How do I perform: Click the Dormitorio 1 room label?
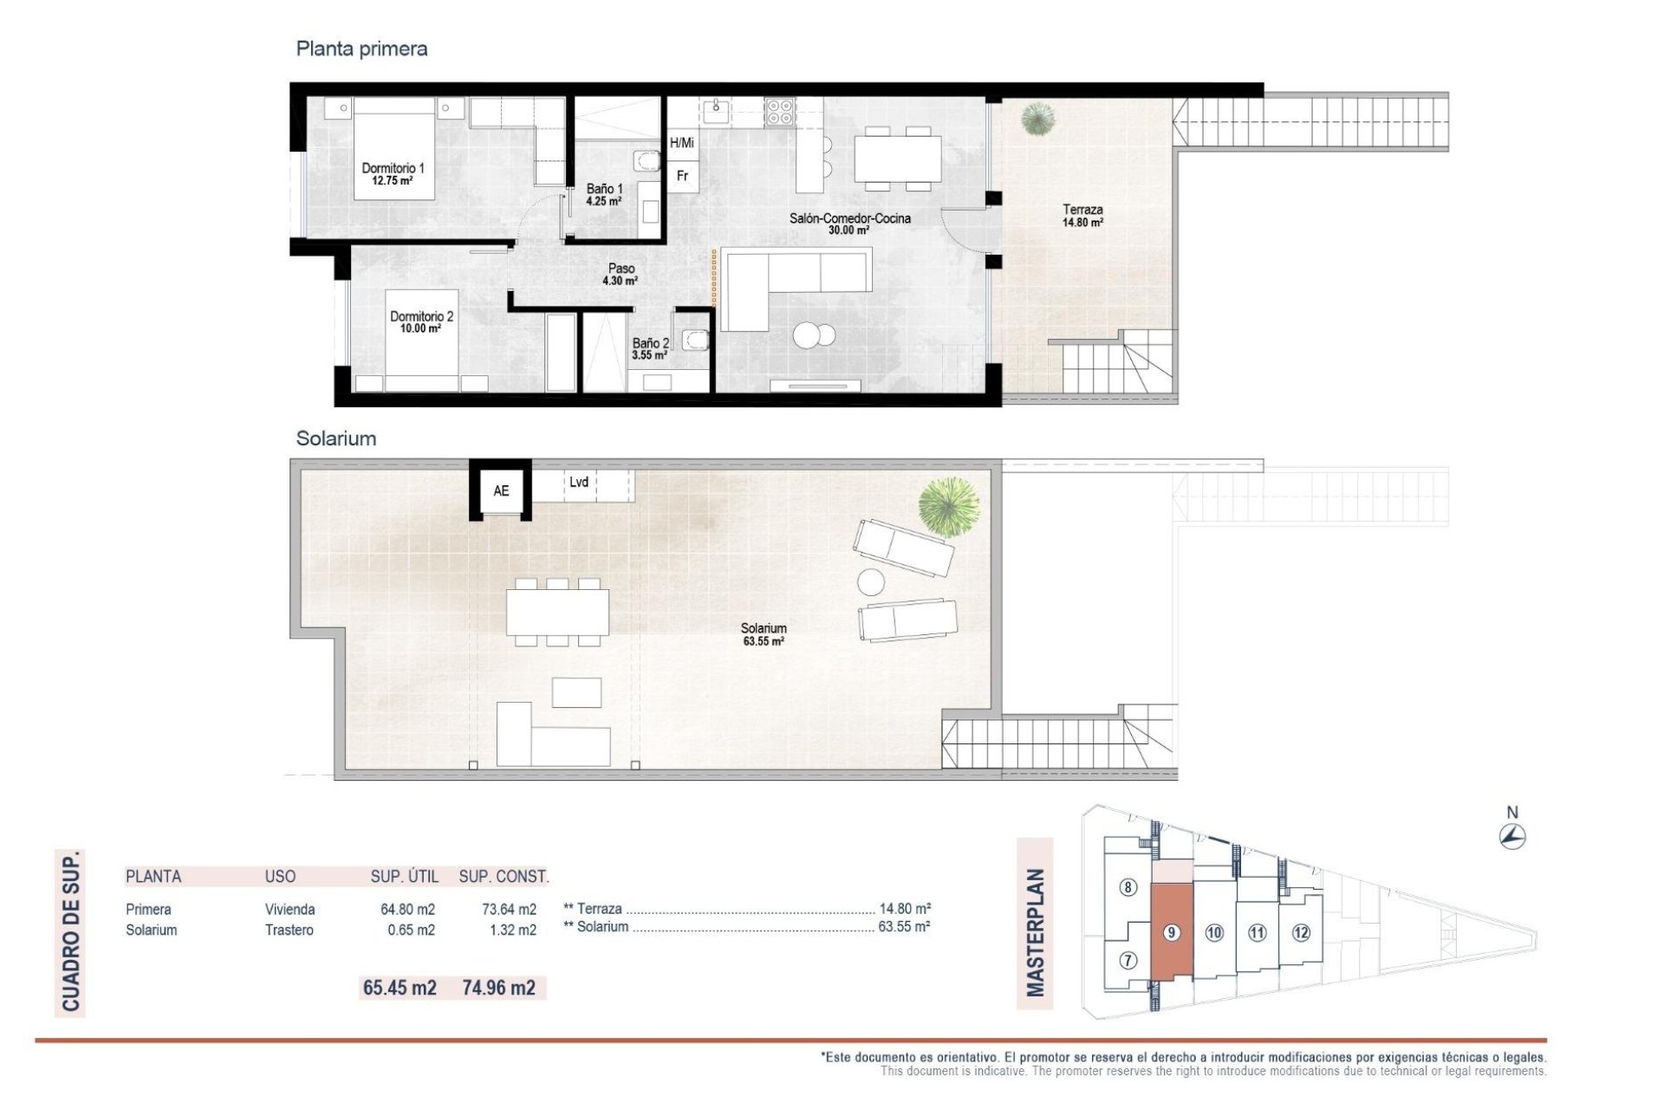393,173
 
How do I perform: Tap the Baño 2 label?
650,348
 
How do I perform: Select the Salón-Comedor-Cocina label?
849,224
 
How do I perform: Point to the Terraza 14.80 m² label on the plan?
1082,215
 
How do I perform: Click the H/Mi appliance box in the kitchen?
682,143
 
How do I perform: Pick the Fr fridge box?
682,176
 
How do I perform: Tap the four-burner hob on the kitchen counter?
779,111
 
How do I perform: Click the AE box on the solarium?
501,490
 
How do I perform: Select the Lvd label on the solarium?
579,483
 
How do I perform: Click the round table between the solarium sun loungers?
871,581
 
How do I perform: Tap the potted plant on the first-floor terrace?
1037,119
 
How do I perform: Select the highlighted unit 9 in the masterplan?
1172,932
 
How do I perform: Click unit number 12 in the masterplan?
1300,932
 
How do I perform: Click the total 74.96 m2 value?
498,988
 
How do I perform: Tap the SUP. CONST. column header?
504,876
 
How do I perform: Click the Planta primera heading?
361,49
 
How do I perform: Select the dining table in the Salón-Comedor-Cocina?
897,159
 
